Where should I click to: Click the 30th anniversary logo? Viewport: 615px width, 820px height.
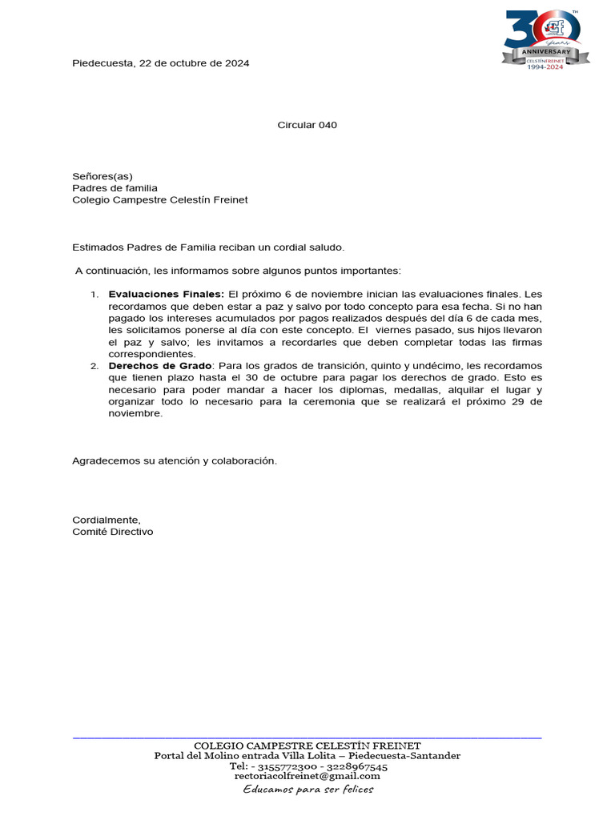click(x=545, y=39)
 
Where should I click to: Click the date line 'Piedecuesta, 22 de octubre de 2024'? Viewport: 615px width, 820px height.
click(x=160, y=63)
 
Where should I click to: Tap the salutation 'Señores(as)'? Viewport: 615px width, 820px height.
click(x=102, y=176)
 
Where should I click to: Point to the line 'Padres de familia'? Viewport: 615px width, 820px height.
click(x=115, y=188)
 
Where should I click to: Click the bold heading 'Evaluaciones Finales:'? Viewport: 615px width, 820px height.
click(x=167, y=295)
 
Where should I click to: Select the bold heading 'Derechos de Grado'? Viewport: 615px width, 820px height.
click(x=160, y=366)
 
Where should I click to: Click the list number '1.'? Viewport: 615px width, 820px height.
click(x=94, y=295)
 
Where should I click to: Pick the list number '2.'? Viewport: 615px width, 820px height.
click(x=94, y=366)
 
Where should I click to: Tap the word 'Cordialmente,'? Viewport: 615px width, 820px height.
click(x=107, y=520)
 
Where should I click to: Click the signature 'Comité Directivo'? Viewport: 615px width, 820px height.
click(x=112, y=532)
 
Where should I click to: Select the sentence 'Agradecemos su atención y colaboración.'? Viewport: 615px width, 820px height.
click(x=175, y=461)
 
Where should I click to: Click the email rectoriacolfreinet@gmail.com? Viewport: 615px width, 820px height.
click(x=307, y=776)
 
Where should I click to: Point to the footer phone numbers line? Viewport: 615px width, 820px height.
click(x=307, y=766)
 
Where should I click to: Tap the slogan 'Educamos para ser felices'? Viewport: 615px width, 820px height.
click(x=307, y=790)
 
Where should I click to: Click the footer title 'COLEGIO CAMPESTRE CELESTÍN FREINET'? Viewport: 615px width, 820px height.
click(x=307, y=746)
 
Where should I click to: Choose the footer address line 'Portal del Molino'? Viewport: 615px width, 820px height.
click(x=307, y=756)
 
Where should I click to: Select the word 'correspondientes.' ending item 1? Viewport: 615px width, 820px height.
click(x=151, y=354)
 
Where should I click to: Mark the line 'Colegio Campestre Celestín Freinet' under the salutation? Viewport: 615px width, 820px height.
click(x=160, y=200)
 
